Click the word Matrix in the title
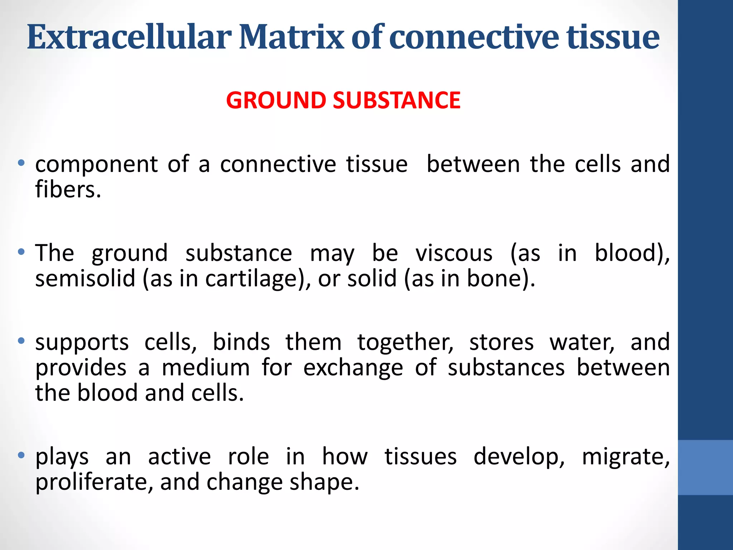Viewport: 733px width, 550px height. (x=292, y=37)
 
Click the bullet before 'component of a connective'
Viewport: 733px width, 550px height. (x=21, y=163)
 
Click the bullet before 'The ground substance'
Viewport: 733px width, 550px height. (x=21, y=252)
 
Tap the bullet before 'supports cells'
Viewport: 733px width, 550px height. (x=21, y=341)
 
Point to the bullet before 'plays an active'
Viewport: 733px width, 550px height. (x=21, y=455)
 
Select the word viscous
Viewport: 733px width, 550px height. (x=454, y=253)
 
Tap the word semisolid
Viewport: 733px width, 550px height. (x=85, y=279)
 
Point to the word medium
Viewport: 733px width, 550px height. (x=206, y=368)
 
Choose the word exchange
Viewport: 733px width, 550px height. (x=353, y=368)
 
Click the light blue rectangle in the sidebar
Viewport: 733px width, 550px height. (x=705, y=467)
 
